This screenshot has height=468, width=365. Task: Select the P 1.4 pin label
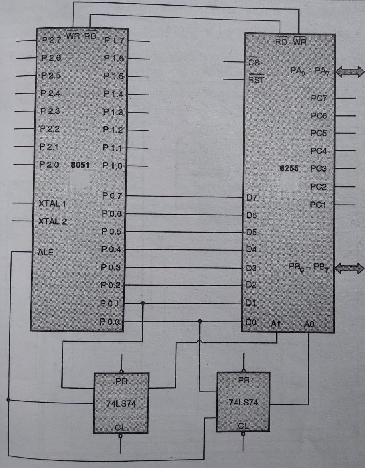[x=113, y=94]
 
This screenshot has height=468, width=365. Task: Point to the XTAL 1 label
[x=52, y=203]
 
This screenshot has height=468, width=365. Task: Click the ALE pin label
[x=45, y=252]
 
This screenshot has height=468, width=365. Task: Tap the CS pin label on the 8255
[x=254, y=63]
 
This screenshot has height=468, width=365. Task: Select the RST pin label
[x=256, y=80]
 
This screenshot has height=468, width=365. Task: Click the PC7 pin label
[x=318, y=98]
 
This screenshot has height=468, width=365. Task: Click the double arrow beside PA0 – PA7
[x=350, y=72]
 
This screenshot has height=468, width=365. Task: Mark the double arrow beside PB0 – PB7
[x=350, y=268]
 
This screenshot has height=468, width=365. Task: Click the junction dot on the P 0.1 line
[x=143, y=304]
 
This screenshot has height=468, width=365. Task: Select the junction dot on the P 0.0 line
[x=200, y=321]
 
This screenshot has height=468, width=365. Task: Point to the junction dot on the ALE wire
[x=8, y=399]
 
